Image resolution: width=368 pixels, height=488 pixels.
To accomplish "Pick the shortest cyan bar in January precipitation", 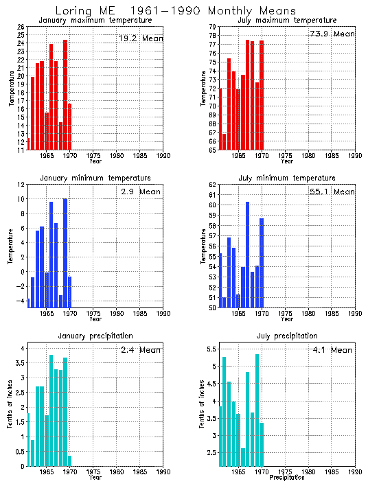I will [69, 461].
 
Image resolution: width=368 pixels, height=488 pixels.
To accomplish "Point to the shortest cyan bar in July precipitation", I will [243, 456].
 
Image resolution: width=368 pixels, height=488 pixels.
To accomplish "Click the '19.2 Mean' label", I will [141, 38].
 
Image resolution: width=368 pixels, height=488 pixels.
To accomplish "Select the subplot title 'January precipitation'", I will [95, 336].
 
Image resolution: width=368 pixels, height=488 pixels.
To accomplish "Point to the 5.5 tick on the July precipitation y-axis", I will [211, 349].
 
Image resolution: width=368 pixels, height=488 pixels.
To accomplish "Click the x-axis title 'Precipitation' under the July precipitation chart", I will [287, 477].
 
